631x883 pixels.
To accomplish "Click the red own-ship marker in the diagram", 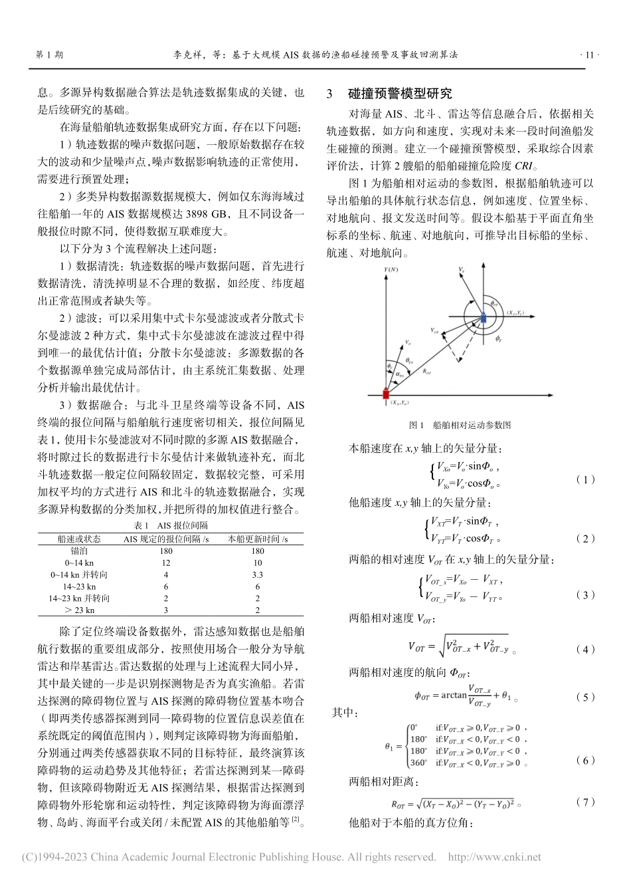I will point(386,394).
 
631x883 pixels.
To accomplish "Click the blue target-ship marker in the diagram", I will point(484,319).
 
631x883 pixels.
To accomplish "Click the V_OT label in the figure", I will point(434,329).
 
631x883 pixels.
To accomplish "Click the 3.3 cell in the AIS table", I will point(258,574).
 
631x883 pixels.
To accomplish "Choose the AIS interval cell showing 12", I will point(166,562).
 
